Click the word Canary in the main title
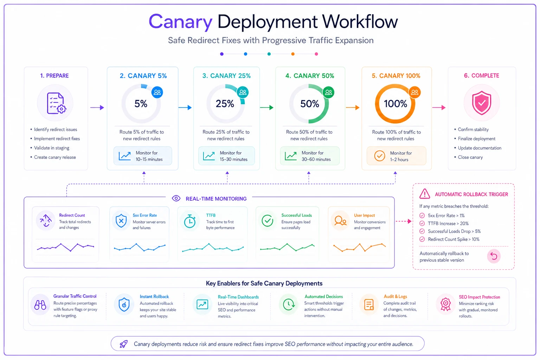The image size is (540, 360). [x=180, y=22]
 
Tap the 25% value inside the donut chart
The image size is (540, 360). [x=225, y=104]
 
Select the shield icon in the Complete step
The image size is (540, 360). [x=481, y=103]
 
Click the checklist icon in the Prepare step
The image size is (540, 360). [x=56, y=103]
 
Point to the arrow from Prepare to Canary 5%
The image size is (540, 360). [x=97, y=108]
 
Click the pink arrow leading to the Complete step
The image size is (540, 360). [x=439, y=108]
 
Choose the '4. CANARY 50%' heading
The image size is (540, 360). [x=310, y=76]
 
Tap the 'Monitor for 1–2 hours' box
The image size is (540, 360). [x=396, y=156]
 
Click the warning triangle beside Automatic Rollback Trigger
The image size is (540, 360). [x=425, y=194]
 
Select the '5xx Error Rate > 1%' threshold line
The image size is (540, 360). [x=442, y=216]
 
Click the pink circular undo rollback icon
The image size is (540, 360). [x=494, y=256]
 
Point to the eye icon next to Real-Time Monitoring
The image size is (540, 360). [x=176, y=198]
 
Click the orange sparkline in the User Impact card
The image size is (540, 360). [x=359, y=247]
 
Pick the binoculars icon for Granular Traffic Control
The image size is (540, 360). [x=40, y=305]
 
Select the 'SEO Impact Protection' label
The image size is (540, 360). [x=479, y=297]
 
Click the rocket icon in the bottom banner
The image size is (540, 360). [x=123, y=344]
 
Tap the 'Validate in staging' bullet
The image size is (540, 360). [x=52, y=148]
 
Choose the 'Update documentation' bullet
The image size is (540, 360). [x=477, y=148]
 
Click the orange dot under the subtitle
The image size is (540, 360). [x=292, y=54]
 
